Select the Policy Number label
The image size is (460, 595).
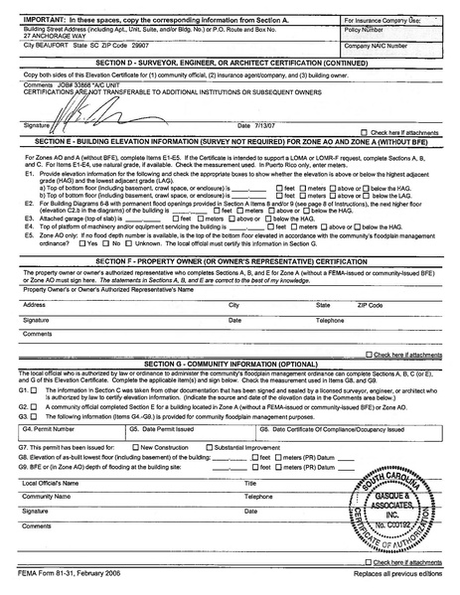click(364, 31)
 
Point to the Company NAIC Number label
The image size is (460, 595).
click(375, 46)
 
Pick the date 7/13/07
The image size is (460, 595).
click(255, 126)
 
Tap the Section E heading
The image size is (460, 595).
click(230, 143)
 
